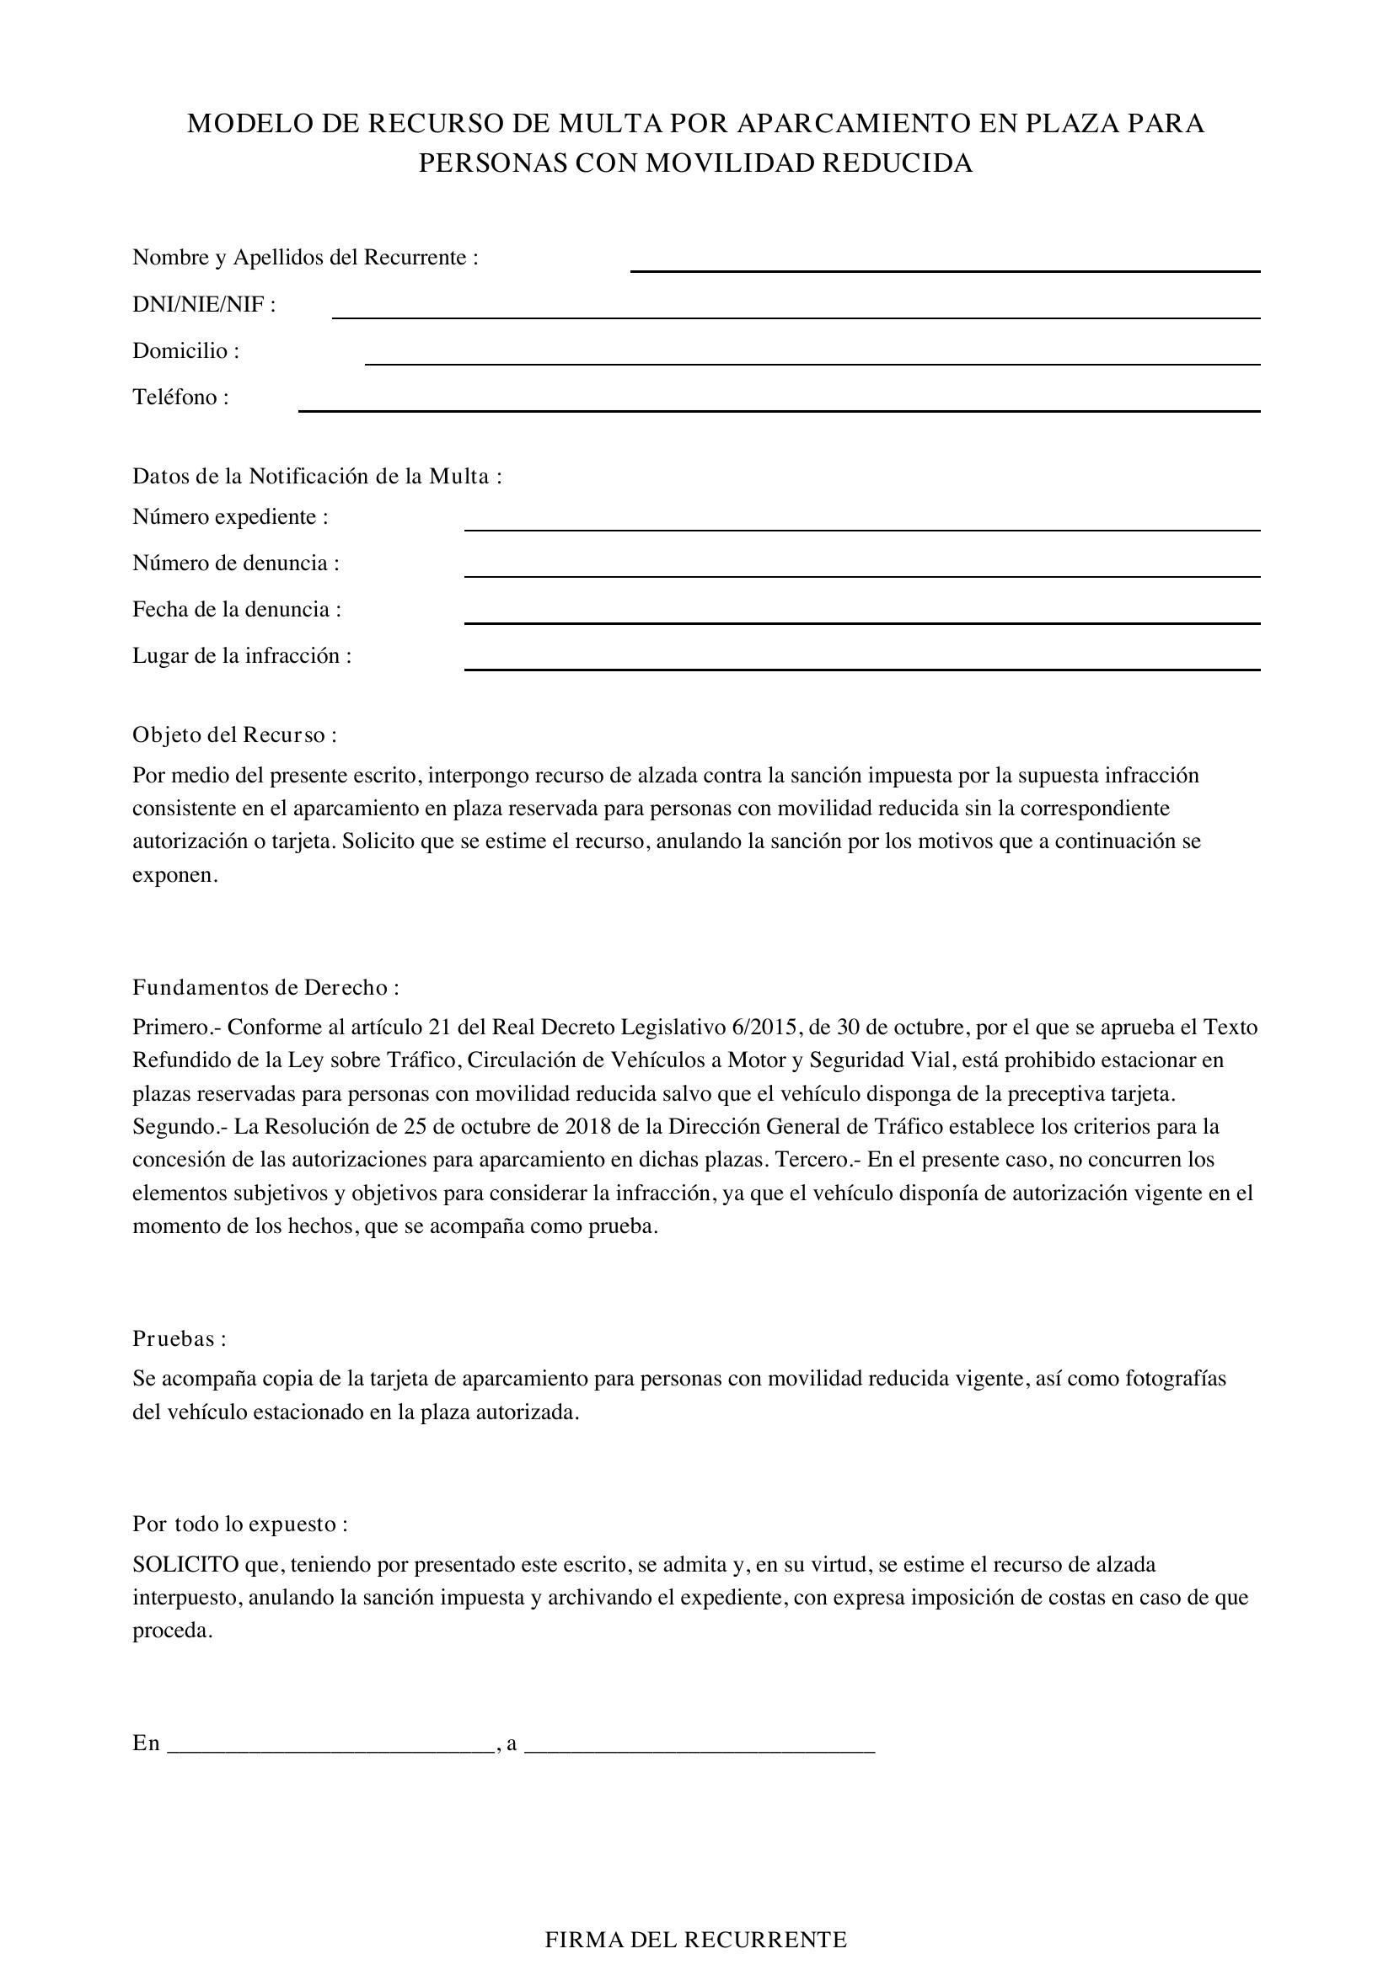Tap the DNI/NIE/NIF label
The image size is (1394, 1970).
click(203, 305)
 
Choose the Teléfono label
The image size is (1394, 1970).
click(180, 398)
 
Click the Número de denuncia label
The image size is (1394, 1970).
click(235, 563)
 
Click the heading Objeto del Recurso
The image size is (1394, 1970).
click(233, 735)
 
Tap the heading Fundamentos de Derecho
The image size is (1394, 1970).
click(265, 988)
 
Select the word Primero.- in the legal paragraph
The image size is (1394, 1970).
click(175, 1028)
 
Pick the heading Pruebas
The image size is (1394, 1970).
click(179, 1338)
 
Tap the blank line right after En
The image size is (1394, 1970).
click(330, 1747)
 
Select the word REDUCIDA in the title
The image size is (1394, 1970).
click(898, 163)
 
